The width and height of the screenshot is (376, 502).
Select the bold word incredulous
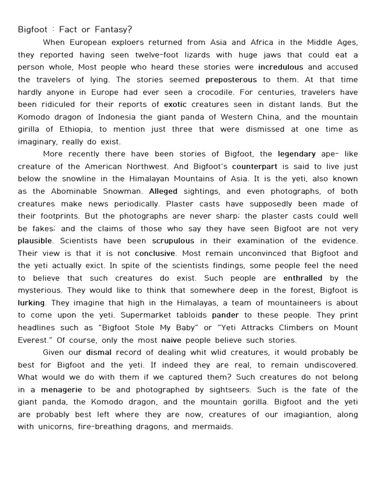(x=281, y=67)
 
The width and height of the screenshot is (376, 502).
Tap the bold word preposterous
(x=231, y=79)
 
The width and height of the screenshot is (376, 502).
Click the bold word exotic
(x=175, y=104)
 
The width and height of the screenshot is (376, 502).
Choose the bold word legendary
(x=297, y=154)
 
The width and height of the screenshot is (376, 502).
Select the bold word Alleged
(x=163, y=191)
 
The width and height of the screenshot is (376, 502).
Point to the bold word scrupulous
(x=173, y=241)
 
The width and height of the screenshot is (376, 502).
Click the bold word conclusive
(x=155, y=253)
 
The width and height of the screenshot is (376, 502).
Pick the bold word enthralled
(x=303, y=278)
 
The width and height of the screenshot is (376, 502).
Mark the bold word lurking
(x=31, y=303)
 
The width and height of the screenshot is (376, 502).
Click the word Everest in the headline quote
(x=35, y=340)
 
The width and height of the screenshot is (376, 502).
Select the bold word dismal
(x=99, y=352)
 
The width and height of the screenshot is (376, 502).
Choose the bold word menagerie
(x=62, y=390)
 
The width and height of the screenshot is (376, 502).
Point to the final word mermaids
(x=214, y=427)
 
